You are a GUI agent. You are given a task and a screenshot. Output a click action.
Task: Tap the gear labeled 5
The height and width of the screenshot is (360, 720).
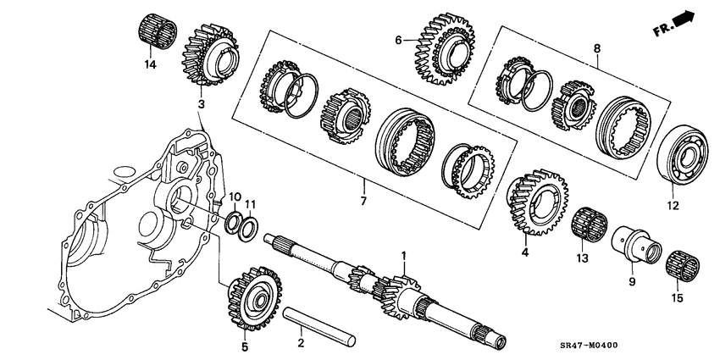(252, 297)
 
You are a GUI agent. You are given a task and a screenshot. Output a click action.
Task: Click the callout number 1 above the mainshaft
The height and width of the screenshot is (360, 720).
(404, 255)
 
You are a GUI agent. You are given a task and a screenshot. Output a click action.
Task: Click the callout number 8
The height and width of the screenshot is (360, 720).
(597, 50)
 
